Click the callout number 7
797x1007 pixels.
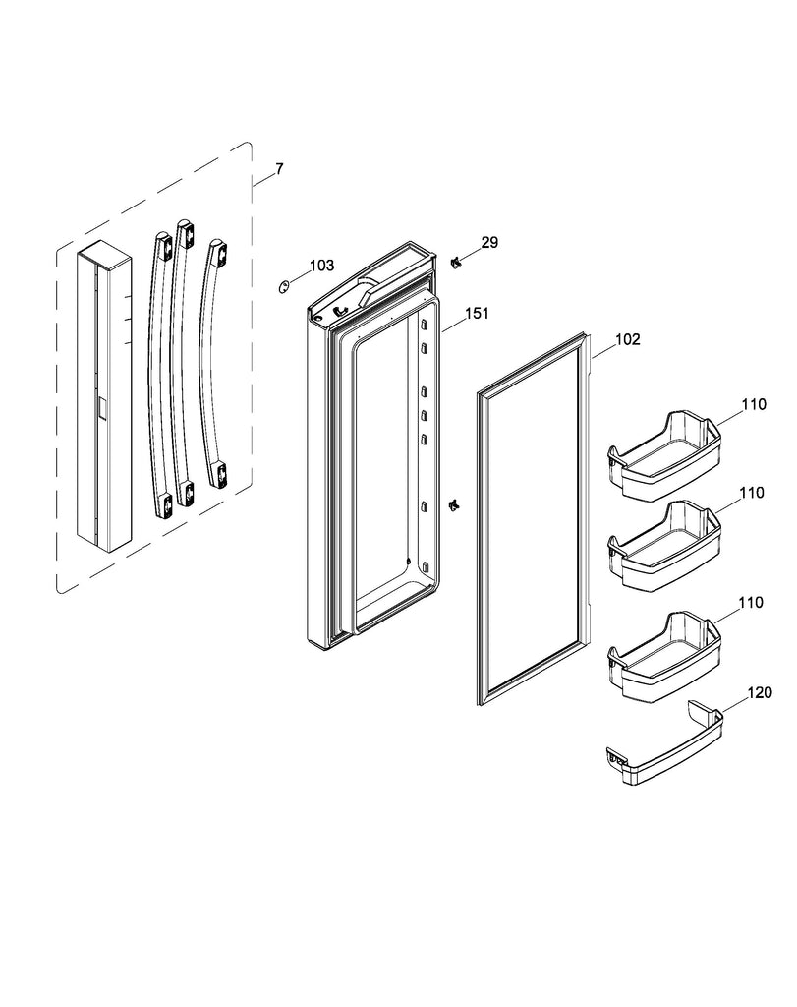click(279, 169)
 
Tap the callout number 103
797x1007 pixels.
click(321, 266)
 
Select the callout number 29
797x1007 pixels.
click(489, 242)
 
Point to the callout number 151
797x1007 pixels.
click(477, 314)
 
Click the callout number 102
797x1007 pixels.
click(627, 340)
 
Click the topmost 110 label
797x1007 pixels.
click(752, 404)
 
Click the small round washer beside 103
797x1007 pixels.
click(283, 286)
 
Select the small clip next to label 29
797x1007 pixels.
click(455, 261)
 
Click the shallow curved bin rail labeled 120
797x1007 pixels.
click(661, 748)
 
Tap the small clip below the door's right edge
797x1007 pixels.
click(453, 504)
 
